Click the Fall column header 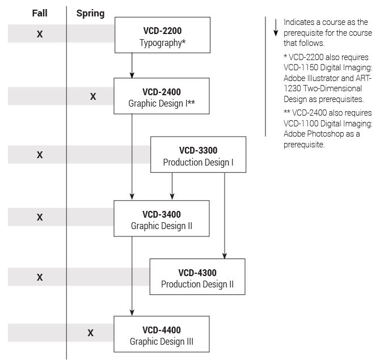click(x=39, y=13)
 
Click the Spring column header click(x=91, y=13)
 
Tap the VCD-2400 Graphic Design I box click(x=163, y=97)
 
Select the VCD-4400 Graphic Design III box click(x=162, y=336)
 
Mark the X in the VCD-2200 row click(x=40, y=35)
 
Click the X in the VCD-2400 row click(x=93, y=97)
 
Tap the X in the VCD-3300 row click(x=40, y=155)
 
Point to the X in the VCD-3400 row click(x=40, y=217)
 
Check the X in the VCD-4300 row click(x=40, y=277)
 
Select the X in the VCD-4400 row click(x=91, y=333)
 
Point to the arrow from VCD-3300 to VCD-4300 click(x=225, y=215)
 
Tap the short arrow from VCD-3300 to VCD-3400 click(x=172, y=187)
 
